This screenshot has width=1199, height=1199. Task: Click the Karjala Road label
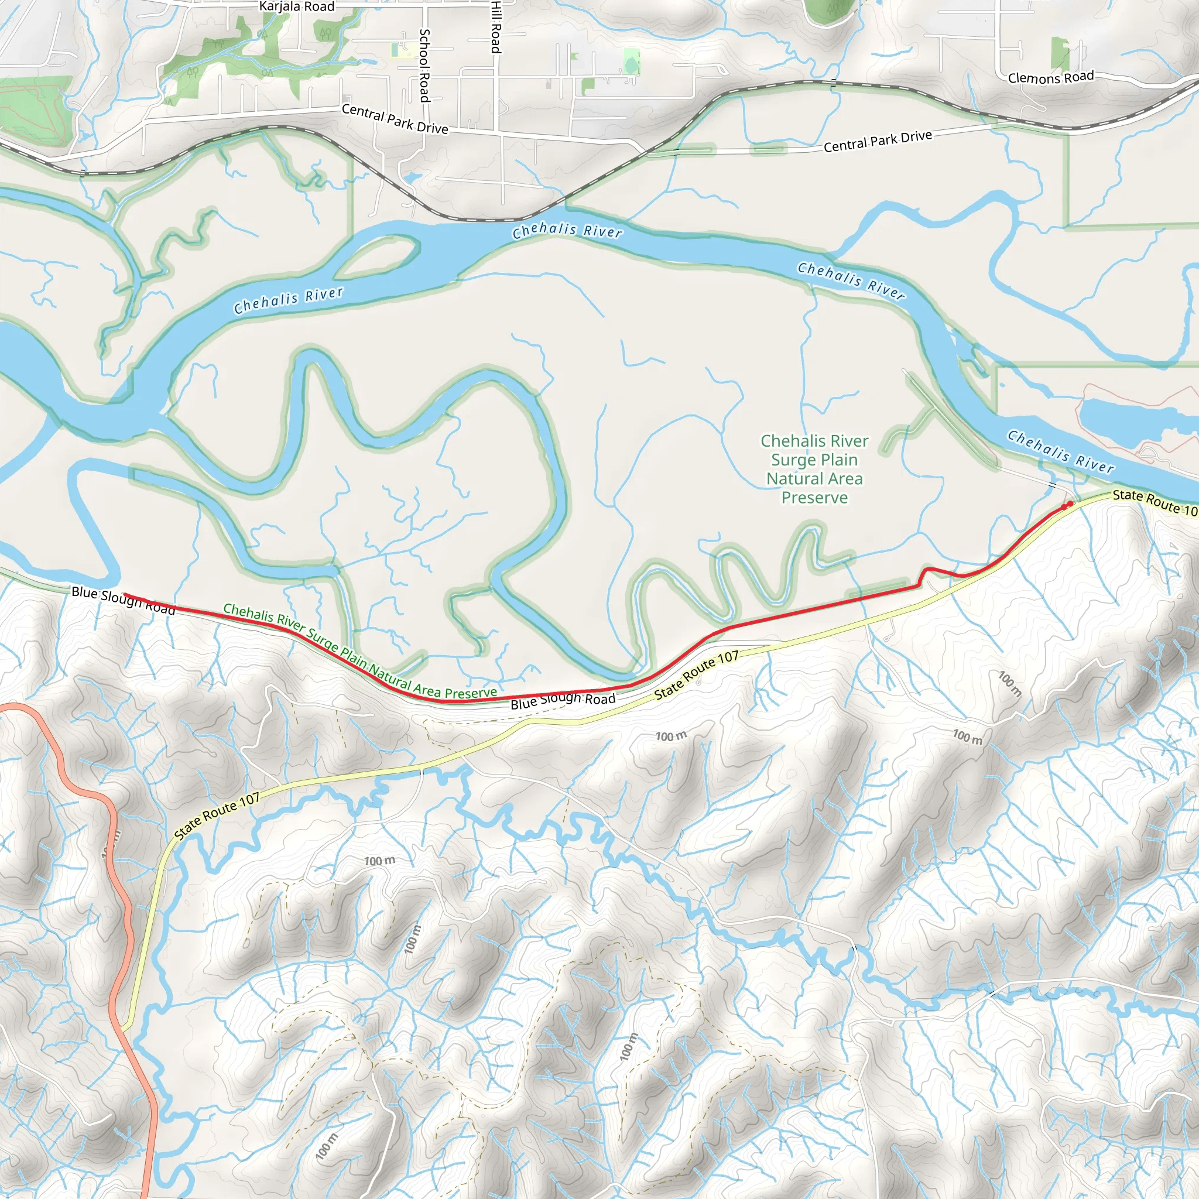pos(297,7)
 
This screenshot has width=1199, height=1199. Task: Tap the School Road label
pos(424,65)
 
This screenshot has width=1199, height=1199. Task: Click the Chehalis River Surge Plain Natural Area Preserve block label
pos(814,469)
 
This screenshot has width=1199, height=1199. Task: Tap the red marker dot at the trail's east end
pos(1069,504)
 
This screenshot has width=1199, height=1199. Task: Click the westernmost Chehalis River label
pos(288,300)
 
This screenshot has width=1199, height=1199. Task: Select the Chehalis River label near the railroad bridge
pos(567,230)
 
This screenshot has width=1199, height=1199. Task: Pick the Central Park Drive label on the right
pos(877,141)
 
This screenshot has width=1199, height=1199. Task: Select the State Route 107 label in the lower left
pos(217,816)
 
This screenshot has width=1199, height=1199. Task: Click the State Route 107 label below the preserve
pos(696,675)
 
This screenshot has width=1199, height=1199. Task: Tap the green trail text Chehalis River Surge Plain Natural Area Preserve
pos(360,652)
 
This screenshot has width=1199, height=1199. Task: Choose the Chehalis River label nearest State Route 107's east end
pos(1059,451)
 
